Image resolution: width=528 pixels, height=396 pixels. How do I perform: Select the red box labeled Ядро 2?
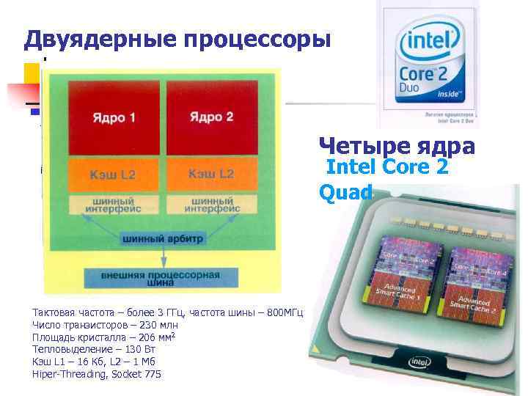[211, 117]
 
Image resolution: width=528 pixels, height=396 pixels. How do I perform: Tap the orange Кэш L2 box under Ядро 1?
[113, 175]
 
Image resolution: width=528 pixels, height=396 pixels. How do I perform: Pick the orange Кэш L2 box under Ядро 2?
[211, 174]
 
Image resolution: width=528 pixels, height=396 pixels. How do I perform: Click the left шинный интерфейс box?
[113, 205]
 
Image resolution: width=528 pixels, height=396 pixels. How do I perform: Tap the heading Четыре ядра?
[397, 146]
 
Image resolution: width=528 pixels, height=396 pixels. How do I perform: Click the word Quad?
[346, 192]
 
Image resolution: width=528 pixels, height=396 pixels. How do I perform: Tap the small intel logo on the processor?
[419, 362]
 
